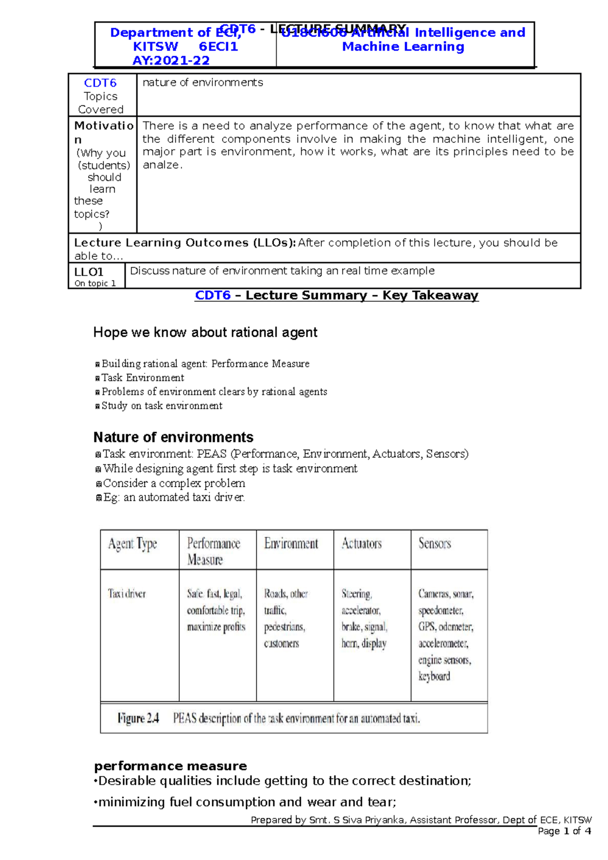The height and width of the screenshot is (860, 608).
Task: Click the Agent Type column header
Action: click(132, 544)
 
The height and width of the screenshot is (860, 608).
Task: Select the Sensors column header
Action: click(434, 543)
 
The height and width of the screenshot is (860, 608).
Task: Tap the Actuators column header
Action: click(361, 543)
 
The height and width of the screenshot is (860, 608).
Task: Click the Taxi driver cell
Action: click(127, 594)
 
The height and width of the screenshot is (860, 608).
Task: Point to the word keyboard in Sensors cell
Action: click(434, 676)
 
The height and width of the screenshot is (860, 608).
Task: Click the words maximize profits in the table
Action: click(216, 627)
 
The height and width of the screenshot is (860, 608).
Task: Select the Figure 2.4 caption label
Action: click(138, 718)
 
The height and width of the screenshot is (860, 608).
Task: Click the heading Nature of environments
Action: click(173, 437)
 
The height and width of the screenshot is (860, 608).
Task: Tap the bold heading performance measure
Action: click(170, 766)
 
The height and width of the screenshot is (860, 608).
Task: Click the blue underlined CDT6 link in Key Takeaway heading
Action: click(212, 295)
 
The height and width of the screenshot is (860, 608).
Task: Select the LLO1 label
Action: click(89, 272)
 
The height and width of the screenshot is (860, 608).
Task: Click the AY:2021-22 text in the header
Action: click(171, 61)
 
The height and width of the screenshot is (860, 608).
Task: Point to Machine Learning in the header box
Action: click(403, 47)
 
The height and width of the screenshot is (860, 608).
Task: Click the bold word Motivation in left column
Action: click(103, 126)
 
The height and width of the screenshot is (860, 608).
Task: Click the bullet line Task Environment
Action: click(142, 378)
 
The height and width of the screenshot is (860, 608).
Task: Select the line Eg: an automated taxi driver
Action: click(174, 497)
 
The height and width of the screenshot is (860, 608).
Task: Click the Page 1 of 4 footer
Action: click(564, 831)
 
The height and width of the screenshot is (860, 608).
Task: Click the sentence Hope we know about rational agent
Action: click(205, 332)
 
